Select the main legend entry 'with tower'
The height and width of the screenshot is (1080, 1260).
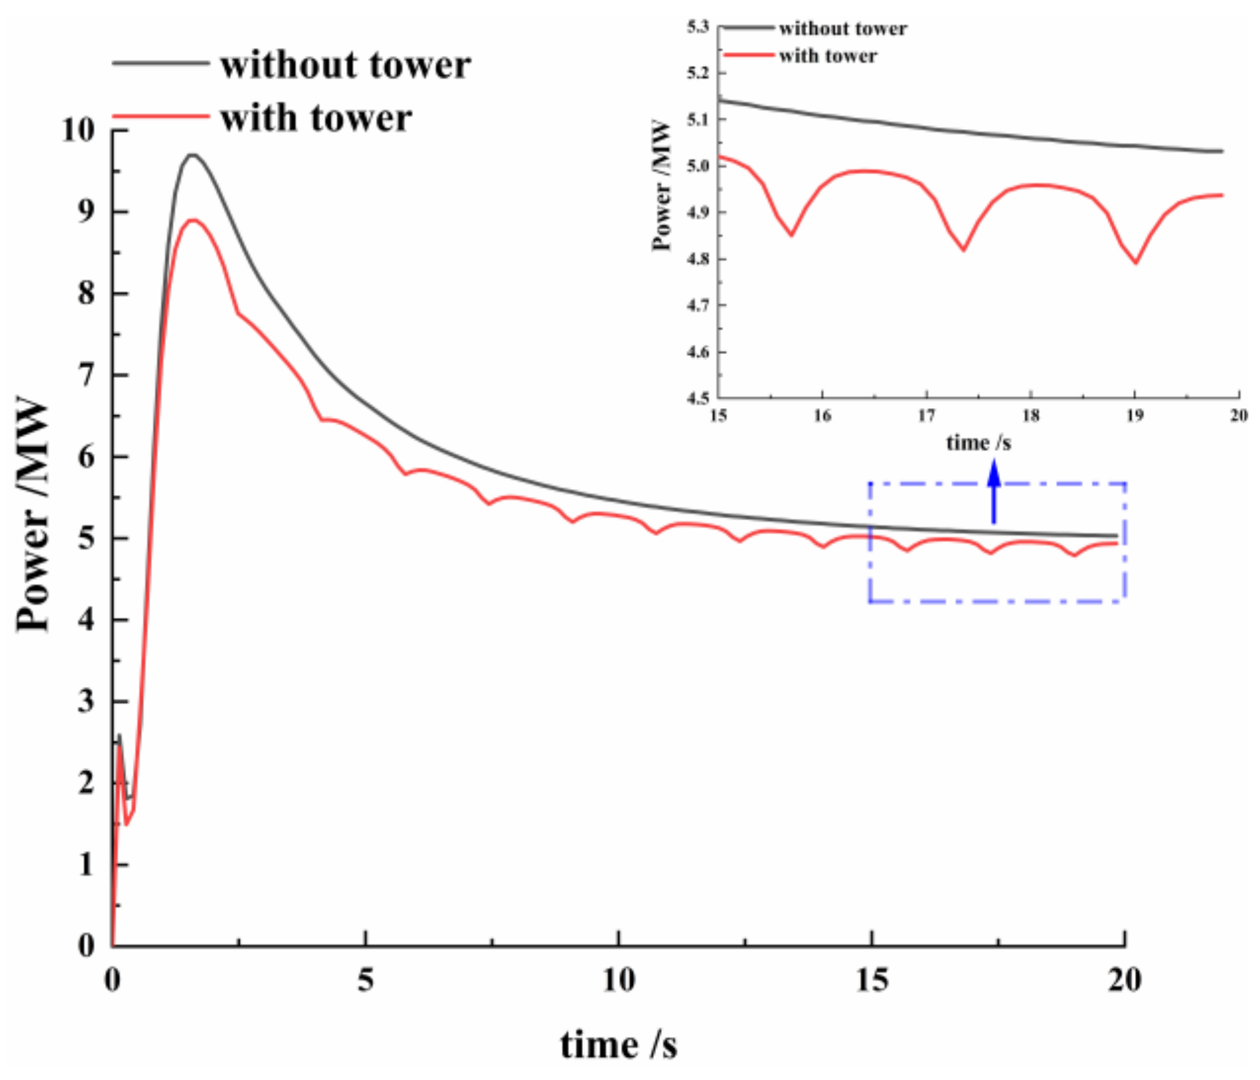click(x=316, y=118)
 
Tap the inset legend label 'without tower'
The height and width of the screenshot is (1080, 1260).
click(x=842, y=29)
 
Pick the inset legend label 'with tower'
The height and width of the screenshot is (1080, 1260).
click(x=828, y=57)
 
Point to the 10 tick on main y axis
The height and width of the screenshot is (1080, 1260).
click(x=78, y=130)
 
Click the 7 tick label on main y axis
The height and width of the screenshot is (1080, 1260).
click(x=86, y=375)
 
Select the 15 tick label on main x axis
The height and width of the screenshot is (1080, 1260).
click(x=871, y=981)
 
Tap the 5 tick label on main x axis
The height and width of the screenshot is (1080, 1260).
click(x=365, y=981)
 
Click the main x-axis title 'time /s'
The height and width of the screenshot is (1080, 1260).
click(x=618, y=1044)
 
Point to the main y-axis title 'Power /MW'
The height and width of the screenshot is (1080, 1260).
click(x=33, y=513)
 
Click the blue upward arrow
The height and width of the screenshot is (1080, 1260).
click(x=994, y=490)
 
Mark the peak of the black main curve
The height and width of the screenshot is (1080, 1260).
click(x=192, y=155)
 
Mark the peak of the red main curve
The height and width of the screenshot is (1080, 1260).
click(x=192, y=220)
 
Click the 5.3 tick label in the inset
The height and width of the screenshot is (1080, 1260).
click(x=698, y=27)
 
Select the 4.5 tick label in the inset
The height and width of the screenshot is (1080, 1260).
click(x=698, y=398)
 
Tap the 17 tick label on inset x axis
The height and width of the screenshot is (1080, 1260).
click(x=926, y=415)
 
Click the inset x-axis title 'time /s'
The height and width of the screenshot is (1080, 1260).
click(x=978, y=443)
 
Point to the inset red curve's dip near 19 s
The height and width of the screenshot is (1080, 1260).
click(x=1136, y=263)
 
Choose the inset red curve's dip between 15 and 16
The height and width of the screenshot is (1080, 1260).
click(x=792, y=235)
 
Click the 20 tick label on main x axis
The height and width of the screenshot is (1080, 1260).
click(x=1124, y=981)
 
